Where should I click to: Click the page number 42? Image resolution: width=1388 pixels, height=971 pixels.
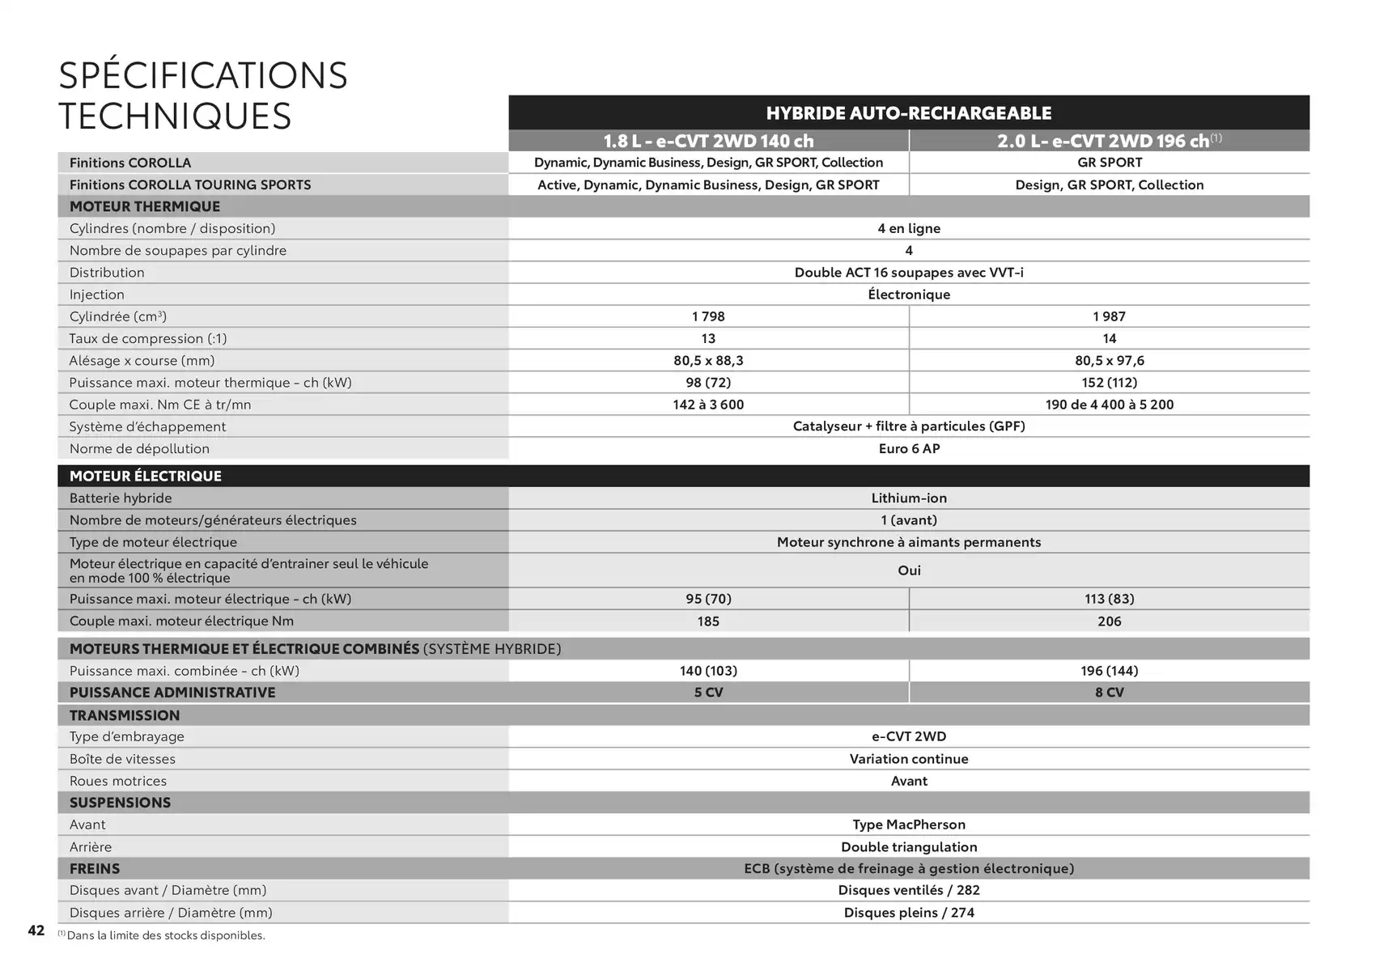[x=36, y=931]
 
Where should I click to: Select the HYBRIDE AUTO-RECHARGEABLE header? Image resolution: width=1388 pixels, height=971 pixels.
[x=908, y=113]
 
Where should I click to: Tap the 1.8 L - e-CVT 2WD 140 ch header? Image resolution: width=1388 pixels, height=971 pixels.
[x=708, y=141]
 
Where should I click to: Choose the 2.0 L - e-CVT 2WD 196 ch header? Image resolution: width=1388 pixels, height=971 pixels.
[x=1109, y=141]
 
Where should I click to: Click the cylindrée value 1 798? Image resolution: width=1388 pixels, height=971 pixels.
[x=708, y=316]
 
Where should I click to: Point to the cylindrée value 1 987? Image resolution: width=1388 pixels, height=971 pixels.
[x=1109, y=316]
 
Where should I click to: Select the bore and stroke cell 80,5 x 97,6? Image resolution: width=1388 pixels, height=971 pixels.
[x=1109, y=361]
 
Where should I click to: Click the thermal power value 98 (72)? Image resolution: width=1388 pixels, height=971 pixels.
[x=708, y=383]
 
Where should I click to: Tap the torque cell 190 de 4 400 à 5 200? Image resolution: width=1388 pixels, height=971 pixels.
[x=1109, y=405]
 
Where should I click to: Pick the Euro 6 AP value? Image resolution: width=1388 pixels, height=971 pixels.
[x=909, y=449]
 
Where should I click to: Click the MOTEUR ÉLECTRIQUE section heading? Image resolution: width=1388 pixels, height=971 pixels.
[x=146, y=476]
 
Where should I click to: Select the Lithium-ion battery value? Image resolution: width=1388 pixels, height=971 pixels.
[x=909, y=498]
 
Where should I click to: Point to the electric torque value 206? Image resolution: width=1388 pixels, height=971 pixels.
[x=1109, y=621]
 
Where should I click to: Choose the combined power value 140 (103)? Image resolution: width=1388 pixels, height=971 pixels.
[x=708, y=671]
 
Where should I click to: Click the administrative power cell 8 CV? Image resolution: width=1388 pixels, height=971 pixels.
[x=1109, y=693]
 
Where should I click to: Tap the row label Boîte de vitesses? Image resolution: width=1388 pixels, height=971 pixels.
[x=122, y=759]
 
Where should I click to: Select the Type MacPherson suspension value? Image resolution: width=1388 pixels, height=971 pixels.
[x=909, y=825]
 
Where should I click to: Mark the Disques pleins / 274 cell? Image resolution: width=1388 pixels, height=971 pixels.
[x=909, y=913]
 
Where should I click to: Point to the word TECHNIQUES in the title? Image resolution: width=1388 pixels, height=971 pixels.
[x=175, y=116]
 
